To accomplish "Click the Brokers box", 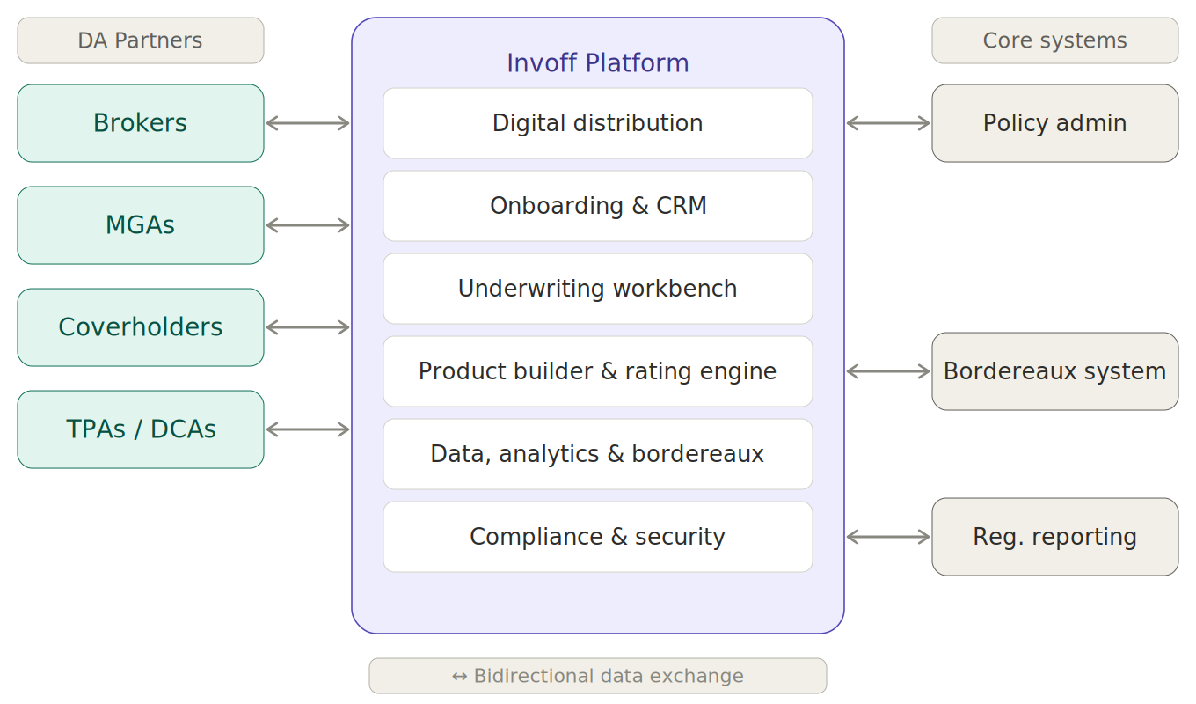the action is pyautogui.click(x=141, y=123).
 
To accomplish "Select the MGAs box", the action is pyautogui.click(x=141, y=225).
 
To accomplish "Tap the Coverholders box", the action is pyautogui.click(x=141, y=326).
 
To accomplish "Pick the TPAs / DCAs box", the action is pyautogui.click(x=141, y=429).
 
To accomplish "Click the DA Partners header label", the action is pyautogui.click(x=141, y=40).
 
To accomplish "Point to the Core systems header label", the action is pyautogui.click(x=1055, y=40).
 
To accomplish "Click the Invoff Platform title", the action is pyautogui.click(x=598, y=63).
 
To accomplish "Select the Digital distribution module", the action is pyautogui.click(x=598, y=123).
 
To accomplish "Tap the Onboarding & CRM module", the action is pyautogui.click(x=598, y=206).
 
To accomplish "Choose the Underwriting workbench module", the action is pyautogui.click(x=598, y=289).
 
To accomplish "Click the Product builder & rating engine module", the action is pyautogui.click(x=598, y=371).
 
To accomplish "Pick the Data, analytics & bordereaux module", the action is pyautogui.click(x=598, y=454).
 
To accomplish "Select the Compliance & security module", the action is pyautogui.click(x=598, y=537).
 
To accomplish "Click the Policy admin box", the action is pyautogui.click(x=1055, y=123).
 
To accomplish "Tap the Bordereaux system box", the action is pyautogui.click(x=1055, y=371).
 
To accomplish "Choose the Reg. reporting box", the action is pyautogui.click(x=1055, y=537).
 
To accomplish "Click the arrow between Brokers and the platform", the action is pyautogui.click(x=308, y=123).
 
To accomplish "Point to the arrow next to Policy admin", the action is pyautogui.click(x=888, y=123).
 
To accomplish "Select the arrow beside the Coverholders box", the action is pyautogui.click(x=308, y=327).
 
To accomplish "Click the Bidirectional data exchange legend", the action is pyautogui.click(x=598, y=676).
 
